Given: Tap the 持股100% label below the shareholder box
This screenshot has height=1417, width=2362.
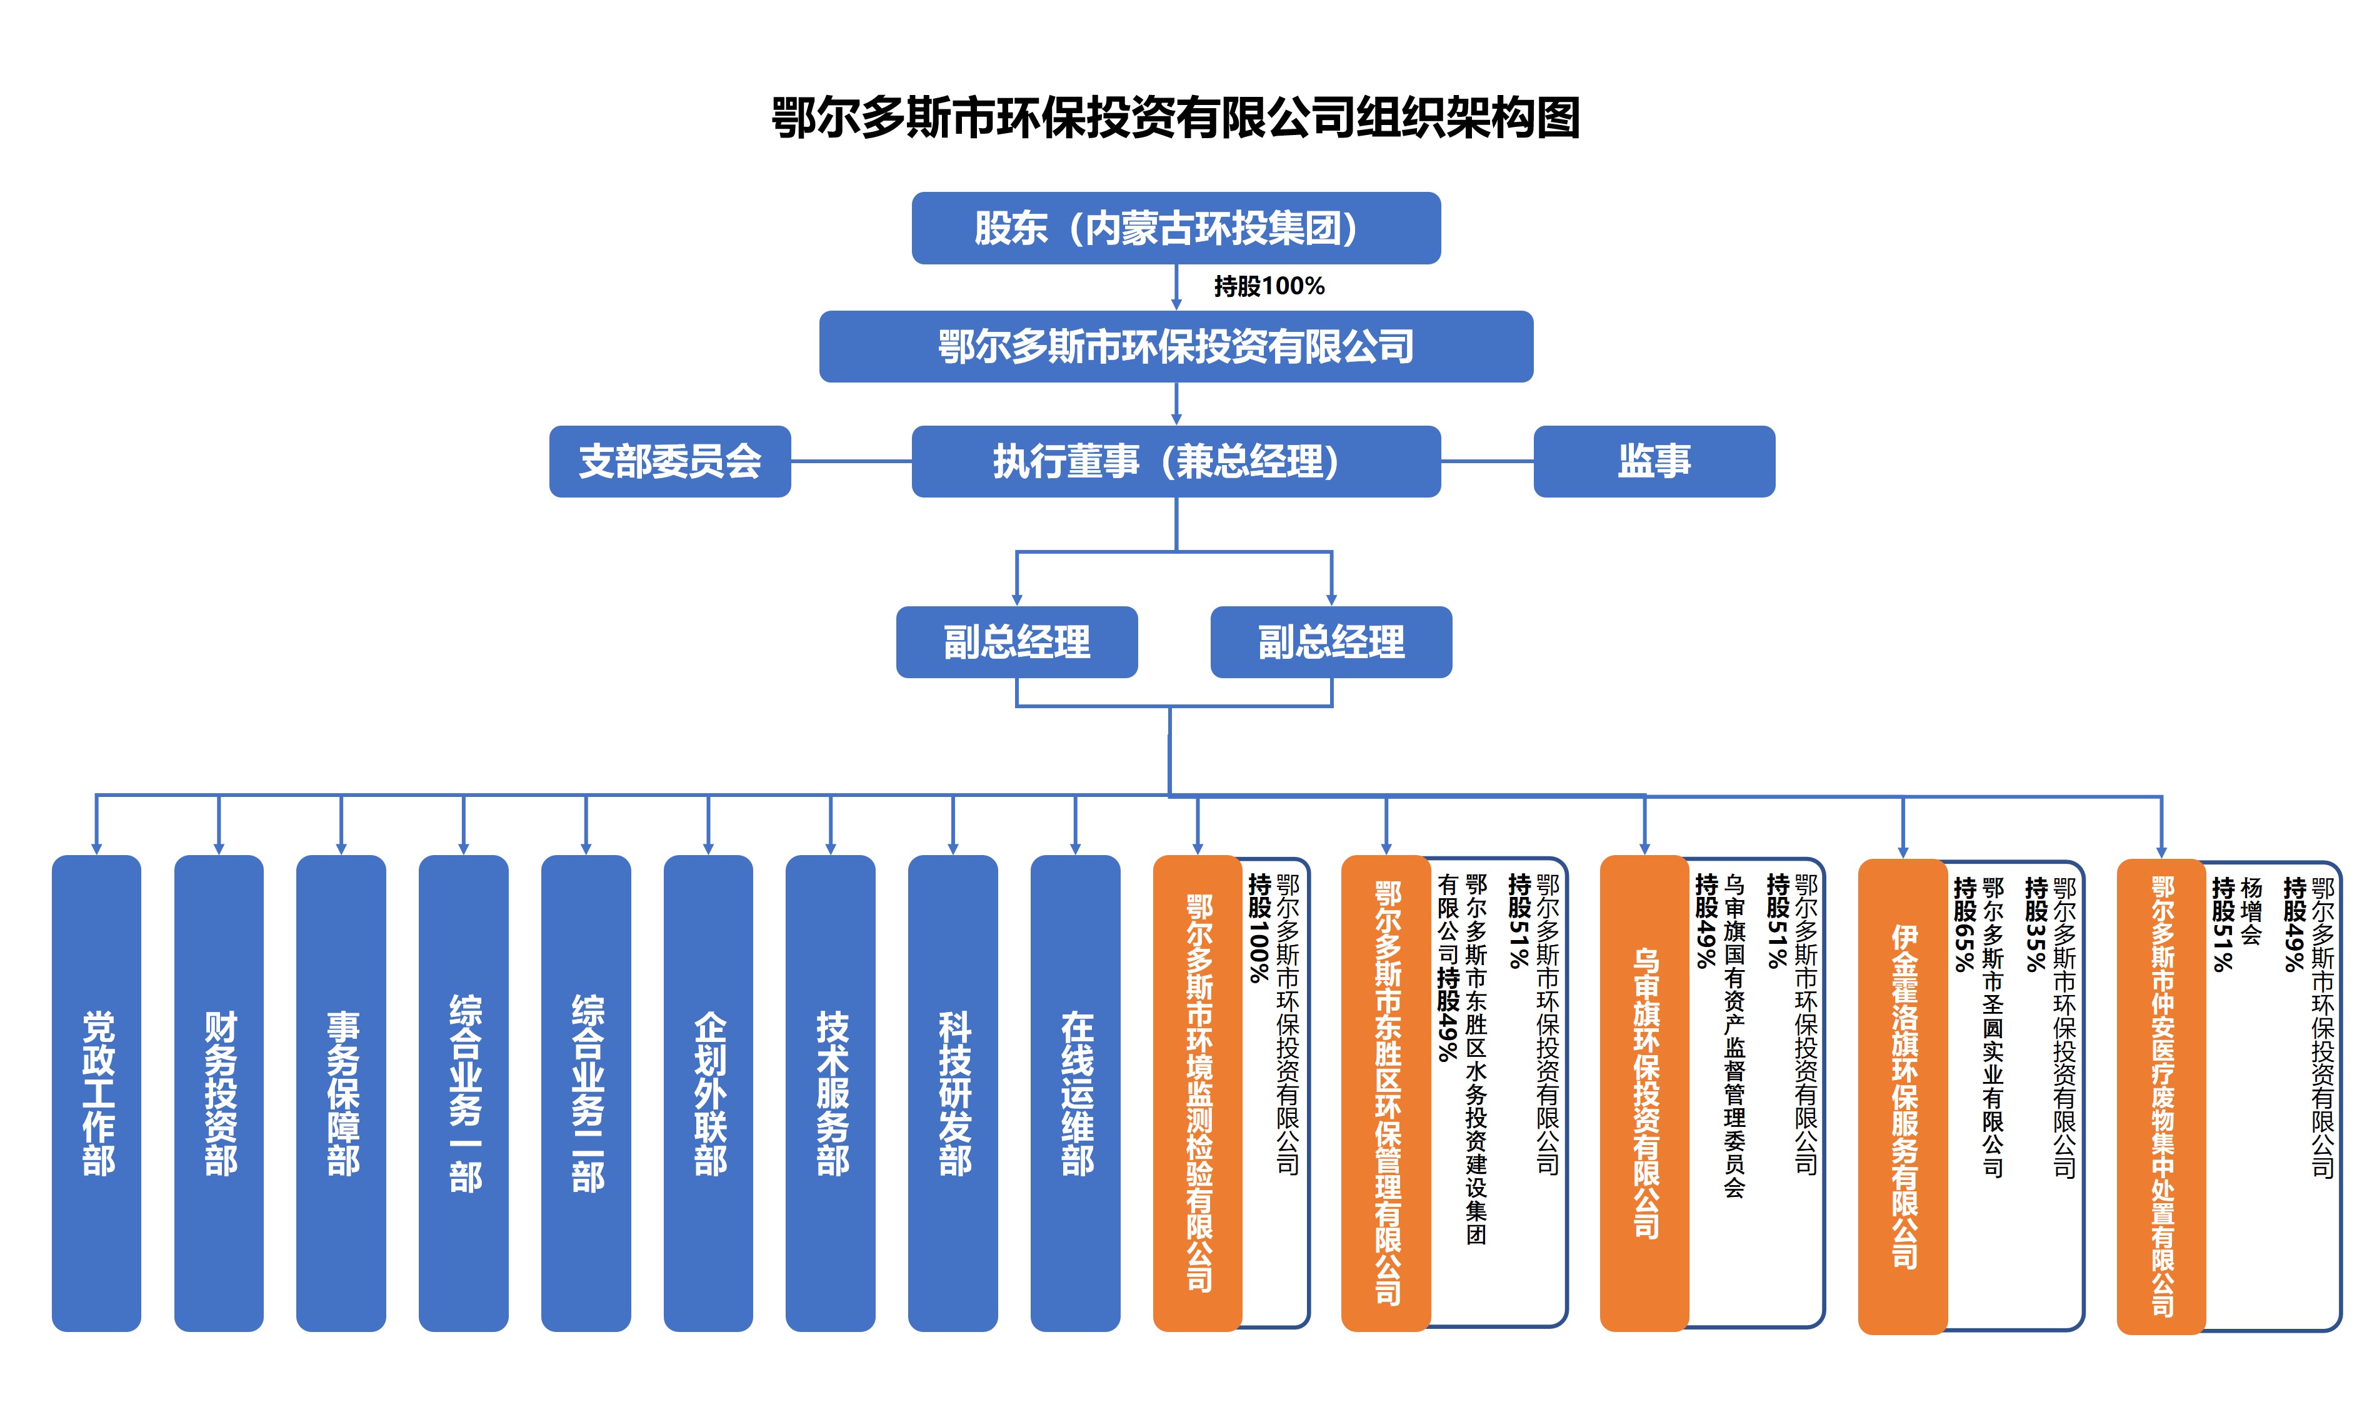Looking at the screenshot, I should (x=1269, y=286).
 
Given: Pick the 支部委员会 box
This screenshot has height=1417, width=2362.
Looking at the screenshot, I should (x=669, y=462).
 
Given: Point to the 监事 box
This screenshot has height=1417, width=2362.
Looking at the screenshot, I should (x=1654, y=462).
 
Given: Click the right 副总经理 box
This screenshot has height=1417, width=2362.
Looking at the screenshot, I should (x=1331, y=643).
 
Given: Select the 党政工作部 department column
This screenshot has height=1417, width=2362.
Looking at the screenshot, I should (x=96, y=1093).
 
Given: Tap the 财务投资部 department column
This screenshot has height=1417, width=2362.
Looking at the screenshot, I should (x=219, y=1093).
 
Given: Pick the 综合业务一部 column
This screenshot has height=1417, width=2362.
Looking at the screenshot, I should (x=463, y=1093).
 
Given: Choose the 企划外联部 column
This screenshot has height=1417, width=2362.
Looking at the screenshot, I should (x=708, y=1093).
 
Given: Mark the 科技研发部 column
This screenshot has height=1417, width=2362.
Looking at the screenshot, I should (x=953, y=1093).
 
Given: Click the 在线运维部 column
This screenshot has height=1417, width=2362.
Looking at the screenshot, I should (x=1075, y=1093).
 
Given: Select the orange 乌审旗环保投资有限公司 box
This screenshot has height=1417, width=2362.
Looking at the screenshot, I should (x=1644, y=1093).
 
